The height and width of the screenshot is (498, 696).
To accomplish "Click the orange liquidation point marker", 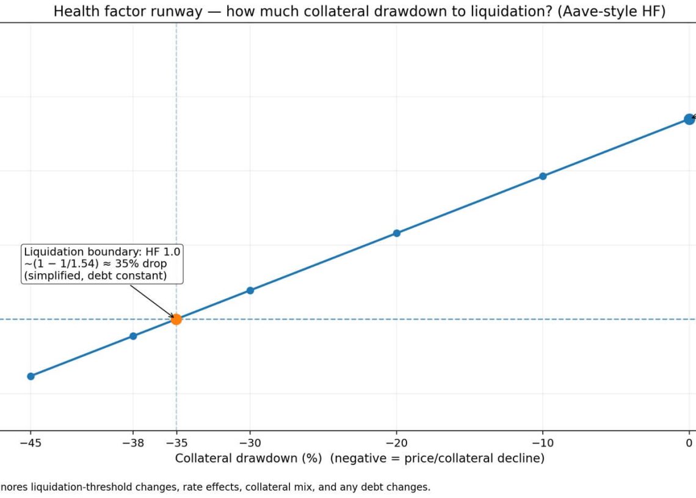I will pyautogui.click(x=176, y=319).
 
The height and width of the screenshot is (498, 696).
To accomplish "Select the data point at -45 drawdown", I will pyautogui.click(x=31, y=376).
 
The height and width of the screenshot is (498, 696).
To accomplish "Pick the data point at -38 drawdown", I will pyautogui.click(x=133, y=336).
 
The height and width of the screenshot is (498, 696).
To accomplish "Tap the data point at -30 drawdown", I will pyautogui.click(x=250, y=290).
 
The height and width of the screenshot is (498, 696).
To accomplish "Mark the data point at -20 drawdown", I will pyautogui.click(x=396, y=233).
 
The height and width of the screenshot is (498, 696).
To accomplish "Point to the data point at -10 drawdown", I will pyautogui.click(x=543, y=176).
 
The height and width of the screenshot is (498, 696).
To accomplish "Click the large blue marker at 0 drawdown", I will pyautogui.click(x=689, y=119).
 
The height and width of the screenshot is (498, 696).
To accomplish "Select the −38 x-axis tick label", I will pyautogui.click(x=133, y=443).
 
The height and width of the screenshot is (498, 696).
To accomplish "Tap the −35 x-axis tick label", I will pyautogui.click(x=176, y=443).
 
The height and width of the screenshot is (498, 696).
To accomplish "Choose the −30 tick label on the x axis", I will pyautogui.click(x=250, y=443).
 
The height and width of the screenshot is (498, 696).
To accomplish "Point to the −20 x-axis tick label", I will pyautogui.click(x=396, y=443).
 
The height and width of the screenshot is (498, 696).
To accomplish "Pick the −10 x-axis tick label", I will pyautogui.click(x=543, y=443).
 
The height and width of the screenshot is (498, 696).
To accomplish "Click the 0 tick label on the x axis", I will pyautogui.click(x=689, y=443).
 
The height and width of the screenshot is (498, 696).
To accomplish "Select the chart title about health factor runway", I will pyautogui.click(x=359, y=11).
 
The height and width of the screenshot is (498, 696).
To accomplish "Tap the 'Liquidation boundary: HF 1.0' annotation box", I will pyautogui.click(x=103, y=263).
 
